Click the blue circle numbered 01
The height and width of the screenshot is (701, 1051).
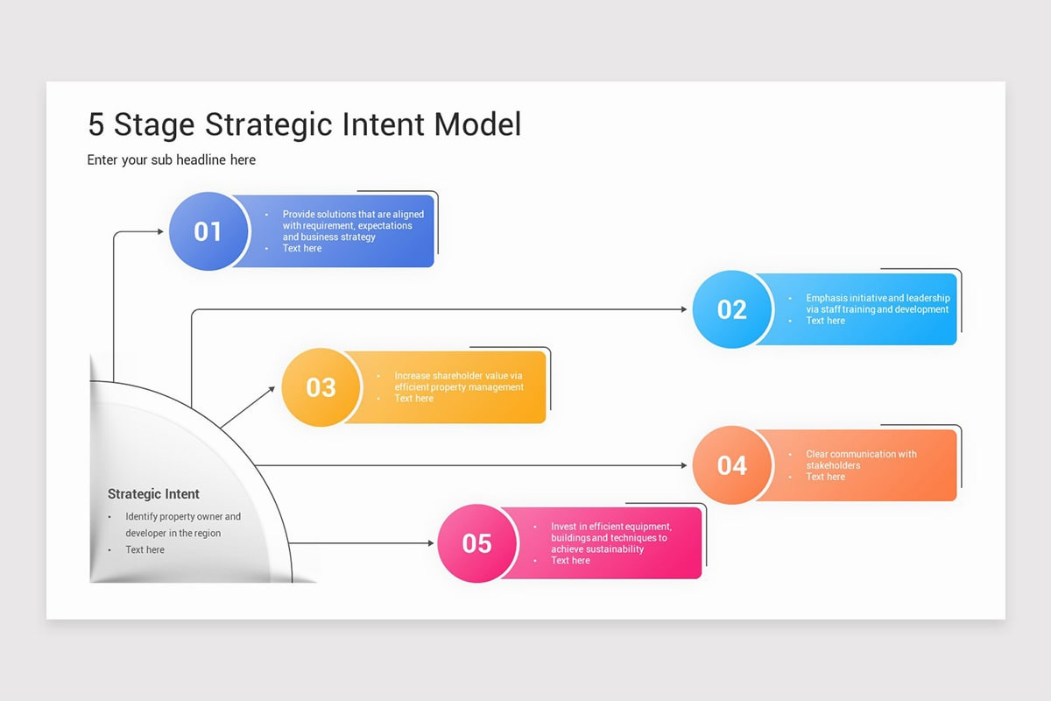coord(208,231)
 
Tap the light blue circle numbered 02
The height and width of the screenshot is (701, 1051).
coord(732,309)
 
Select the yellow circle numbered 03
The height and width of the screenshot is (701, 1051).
coord(321,387)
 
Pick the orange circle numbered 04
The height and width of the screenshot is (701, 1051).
coord(732,465)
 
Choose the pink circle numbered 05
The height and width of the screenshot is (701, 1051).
coord(476,543)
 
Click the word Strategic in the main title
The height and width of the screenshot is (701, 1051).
coord(269,125)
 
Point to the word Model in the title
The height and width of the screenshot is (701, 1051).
coord(477,124)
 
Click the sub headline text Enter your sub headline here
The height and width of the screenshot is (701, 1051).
coord(172,159)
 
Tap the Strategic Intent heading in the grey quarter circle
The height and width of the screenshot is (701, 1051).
coord(153,494)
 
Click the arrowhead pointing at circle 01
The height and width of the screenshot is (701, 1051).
coord(160,231)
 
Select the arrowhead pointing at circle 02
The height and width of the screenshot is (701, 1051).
coord(684,309)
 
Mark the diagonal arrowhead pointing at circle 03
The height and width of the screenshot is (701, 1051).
coord(271,389)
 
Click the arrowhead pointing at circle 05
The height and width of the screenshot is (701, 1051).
coord(430,543)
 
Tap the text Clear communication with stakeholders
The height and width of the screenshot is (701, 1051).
coord(861,459)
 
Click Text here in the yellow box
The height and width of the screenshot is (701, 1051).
coord(413,399)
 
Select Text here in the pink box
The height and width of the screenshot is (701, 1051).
coord(570,561)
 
